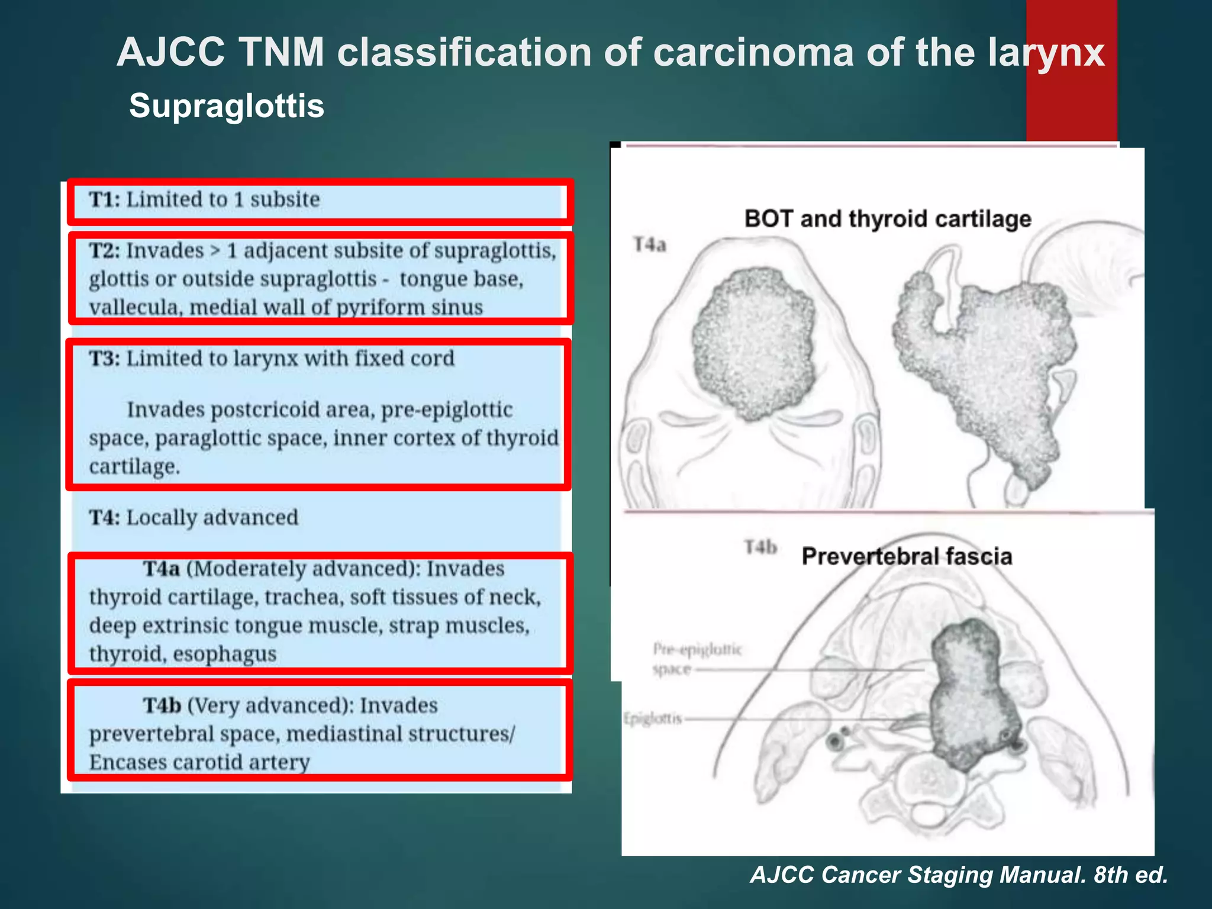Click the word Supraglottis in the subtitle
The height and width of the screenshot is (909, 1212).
[227, 106]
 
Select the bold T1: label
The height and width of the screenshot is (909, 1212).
[105, 199]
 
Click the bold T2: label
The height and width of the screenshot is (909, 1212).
[105, 251]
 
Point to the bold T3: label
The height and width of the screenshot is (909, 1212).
[105, 359]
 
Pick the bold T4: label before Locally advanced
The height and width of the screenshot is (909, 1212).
[105, 518]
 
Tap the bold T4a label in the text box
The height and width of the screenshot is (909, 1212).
[161, 569]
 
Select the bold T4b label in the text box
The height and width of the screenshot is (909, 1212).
[162, 705]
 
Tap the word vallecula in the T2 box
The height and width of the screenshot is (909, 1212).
[136, 308]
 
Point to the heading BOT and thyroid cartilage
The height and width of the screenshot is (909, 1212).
[888, 219]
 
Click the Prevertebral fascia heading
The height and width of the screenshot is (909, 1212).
[907, 556]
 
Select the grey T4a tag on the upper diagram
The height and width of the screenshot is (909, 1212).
[650, 244]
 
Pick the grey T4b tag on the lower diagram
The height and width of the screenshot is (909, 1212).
[760, 547]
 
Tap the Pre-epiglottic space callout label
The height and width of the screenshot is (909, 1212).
[697, 659]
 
